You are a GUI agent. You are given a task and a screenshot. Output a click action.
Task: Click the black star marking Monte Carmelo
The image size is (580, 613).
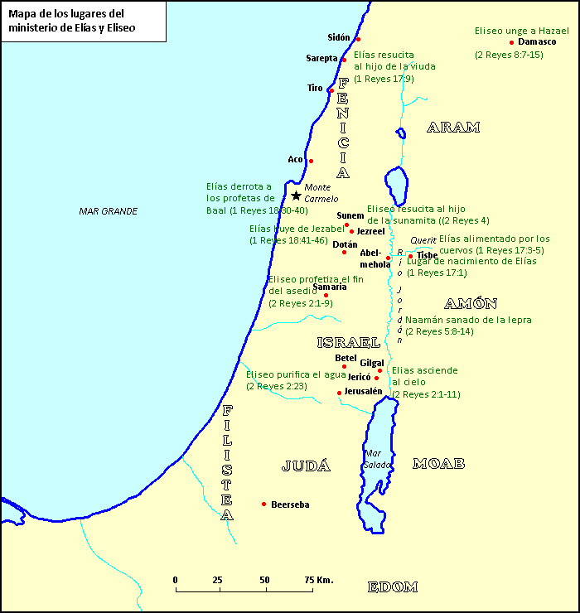(x=296, y=195)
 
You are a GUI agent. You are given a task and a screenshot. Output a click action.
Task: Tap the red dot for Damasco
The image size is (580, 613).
(x=512, y=42)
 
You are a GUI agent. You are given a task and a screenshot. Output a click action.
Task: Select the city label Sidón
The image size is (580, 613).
(x=339, y=37)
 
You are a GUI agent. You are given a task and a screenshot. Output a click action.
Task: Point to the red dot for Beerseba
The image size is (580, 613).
(x=263, y=504)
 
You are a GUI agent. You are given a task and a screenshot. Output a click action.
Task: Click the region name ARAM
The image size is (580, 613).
(x=453, y=127)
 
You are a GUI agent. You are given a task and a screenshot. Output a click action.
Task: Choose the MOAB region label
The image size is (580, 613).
(x=438, y=463)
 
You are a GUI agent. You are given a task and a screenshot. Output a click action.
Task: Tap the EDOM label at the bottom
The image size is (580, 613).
(x=392, y=587)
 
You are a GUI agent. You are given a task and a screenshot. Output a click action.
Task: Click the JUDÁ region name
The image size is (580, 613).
(x=306, y=466)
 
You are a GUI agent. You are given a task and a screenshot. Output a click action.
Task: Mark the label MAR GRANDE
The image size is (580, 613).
(x=108, y=211)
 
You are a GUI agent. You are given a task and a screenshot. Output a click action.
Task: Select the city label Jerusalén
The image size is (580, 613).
(x=364, y=391)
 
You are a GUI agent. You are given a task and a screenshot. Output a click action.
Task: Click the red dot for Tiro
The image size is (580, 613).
(x=331, y=90)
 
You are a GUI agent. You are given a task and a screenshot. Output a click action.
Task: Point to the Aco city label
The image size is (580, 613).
(x=295, y=159)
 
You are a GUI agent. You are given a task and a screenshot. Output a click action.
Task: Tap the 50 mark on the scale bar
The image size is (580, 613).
(x=264, y=580)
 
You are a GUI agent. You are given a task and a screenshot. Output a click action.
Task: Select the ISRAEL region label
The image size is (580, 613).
(x=348, y=342)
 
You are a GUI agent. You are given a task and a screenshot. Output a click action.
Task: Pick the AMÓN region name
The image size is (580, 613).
(x=470, y=303)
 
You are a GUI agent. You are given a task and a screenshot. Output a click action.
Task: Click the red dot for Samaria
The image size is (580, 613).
(x=326, y=295)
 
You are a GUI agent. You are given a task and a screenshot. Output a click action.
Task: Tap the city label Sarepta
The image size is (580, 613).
(x=321, y=58)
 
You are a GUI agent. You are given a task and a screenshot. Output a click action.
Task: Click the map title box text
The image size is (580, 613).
(x=72, y=21)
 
